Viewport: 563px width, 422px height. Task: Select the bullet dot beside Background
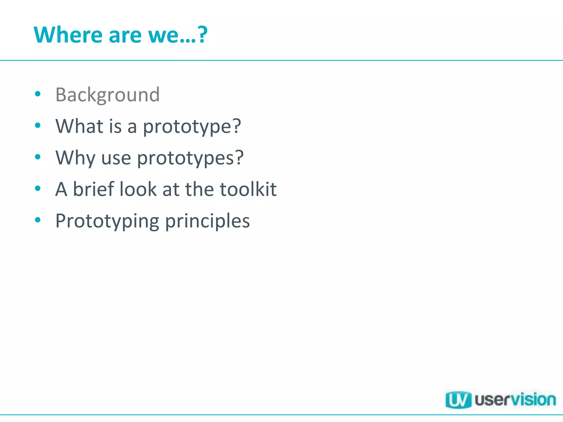pyautogui.click(x=38, y=94)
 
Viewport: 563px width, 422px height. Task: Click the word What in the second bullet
pyautogui.click(x=79, y=126)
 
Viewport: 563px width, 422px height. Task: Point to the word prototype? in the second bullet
pyautogui.click(x=192, y=127)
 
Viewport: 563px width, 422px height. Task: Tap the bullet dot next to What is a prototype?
pyautogui.click(x=38, y=126)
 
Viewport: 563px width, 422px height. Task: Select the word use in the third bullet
pyautogui.click(x=116, y=159)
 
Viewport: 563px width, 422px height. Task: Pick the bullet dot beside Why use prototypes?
pyautogui.click(x=38, y=157)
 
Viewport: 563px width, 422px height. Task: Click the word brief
pyautogui.click(x=93, y=189)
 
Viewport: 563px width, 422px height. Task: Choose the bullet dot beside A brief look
pyautogui.click(x=38, y=188)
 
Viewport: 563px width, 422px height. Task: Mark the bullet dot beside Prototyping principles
pyautogui.click(x=38, y=220)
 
